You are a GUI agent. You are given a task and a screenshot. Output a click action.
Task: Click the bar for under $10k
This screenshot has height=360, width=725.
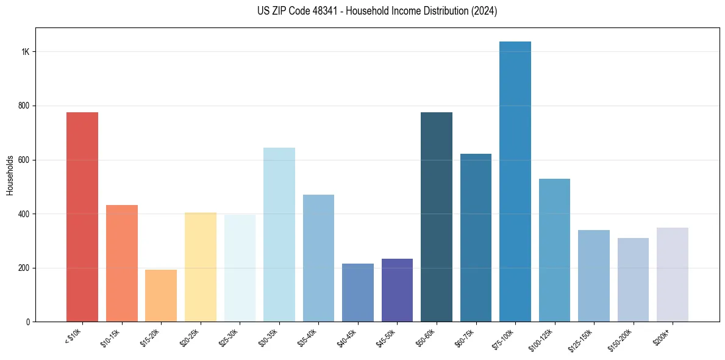point(82,217)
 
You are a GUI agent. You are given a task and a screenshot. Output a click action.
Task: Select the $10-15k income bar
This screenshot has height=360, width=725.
point(122,263)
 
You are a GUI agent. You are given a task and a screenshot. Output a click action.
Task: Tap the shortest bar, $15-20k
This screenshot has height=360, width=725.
point(161,295)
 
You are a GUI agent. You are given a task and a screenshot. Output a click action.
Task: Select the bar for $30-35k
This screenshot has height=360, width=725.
point(279,234)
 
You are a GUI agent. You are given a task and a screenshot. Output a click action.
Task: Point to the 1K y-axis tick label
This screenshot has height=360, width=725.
point(26,52)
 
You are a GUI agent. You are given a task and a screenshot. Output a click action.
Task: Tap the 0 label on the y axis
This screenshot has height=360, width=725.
point(27,322)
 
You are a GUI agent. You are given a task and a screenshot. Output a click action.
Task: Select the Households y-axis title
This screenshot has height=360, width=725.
point(10,175)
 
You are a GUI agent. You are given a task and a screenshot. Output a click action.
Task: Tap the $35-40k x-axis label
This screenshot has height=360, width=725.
point(309,337)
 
